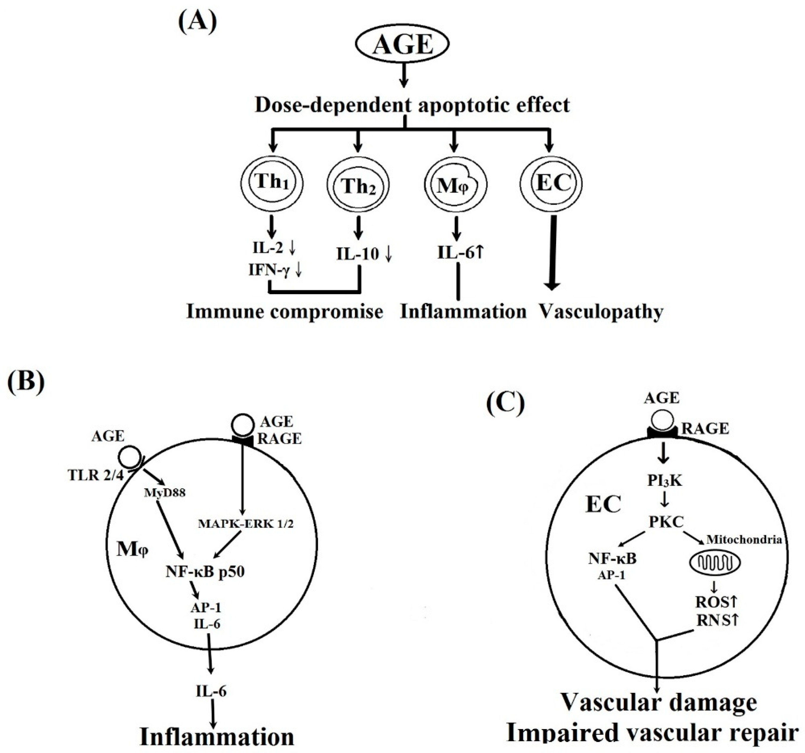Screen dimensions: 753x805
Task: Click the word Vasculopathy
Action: pyautogui.click(x=602, y=312)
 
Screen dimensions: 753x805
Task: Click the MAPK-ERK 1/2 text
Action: pyautogui.click(x=245, y=524)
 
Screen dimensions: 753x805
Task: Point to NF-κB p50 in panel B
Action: pyautogui.click(x=205, y=572)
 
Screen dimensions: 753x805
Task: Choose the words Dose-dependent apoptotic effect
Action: pyautogui.click(x=412, y=105)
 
